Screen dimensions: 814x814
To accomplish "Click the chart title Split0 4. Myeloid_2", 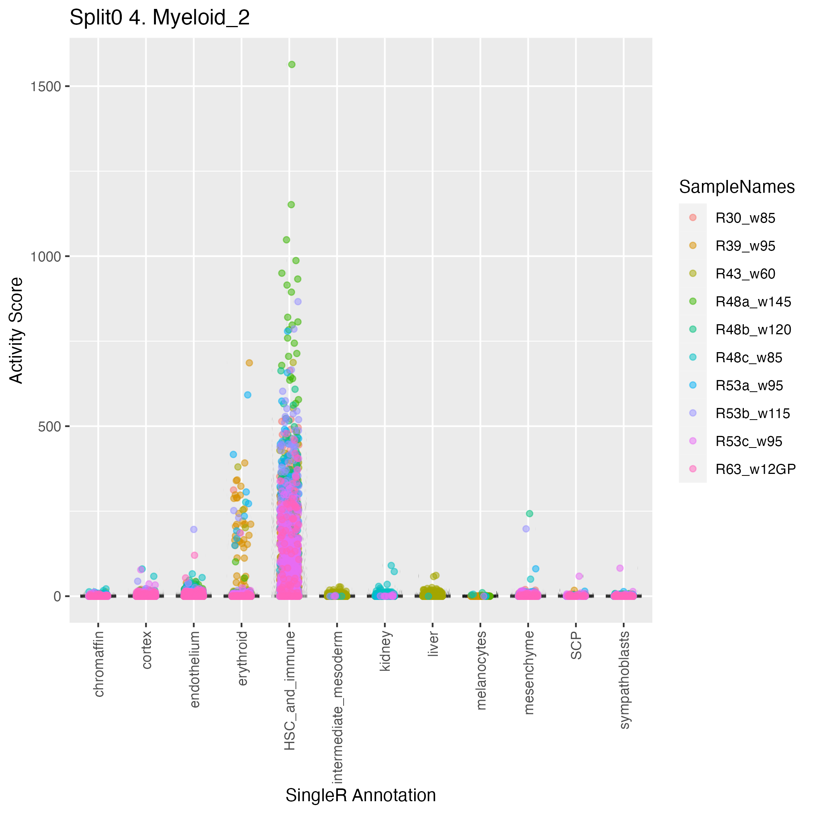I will (x=159, y=18).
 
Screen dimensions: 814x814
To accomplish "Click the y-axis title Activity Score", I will (x=16, y=330).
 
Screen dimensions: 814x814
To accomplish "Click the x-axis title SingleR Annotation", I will (x=361, y=795).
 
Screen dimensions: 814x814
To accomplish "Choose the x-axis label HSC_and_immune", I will (x=290, y=691).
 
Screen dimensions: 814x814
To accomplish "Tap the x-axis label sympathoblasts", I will (x=624, y=680).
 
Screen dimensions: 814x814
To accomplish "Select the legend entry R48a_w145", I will (x=753, y=302).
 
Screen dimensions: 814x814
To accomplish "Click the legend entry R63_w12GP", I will (x=755, y=469).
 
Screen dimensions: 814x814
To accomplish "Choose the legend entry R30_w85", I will (x=745, y=218).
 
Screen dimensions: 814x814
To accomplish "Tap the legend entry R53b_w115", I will (x=752, y=413).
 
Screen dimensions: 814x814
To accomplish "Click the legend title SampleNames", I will (x=736, y=187).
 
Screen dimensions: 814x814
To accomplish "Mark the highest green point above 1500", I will (x=292, y=64).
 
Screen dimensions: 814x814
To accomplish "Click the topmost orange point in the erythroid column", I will (x=249, y=363).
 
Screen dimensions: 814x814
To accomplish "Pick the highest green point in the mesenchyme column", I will (x=530, y=513).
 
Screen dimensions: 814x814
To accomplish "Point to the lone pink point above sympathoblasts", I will (x=620, y=568).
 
